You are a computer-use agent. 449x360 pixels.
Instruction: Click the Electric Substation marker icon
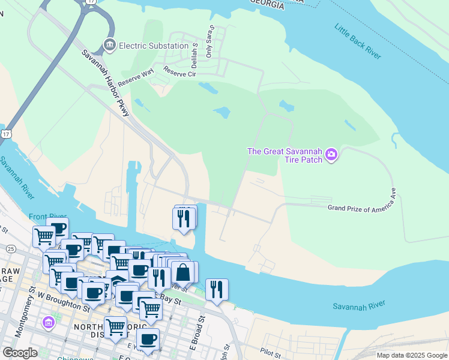(x=109, y=45)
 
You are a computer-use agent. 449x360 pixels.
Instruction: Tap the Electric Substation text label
(x=154, y=46)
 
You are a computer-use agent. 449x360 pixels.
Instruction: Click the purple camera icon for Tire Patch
(x=331, y=156)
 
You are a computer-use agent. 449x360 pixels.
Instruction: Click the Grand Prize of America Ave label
(x=363, y=208)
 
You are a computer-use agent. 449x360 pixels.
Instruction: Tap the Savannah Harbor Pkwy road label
(x=106, y=83)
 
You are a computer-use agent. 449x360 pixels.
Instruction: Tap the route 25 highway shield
(x=11, y=248)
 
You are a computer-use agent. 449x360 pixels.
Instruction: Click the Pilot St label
(x=271, y=350)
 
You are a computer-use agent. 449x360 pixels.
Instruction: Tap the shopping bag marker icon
(x=183, y=273)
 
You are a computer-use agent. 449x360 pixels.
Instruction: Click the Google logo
(x=20, y=353)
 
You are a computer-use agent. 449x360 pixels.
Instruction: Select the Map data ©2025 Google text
(x=411, y=355)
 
